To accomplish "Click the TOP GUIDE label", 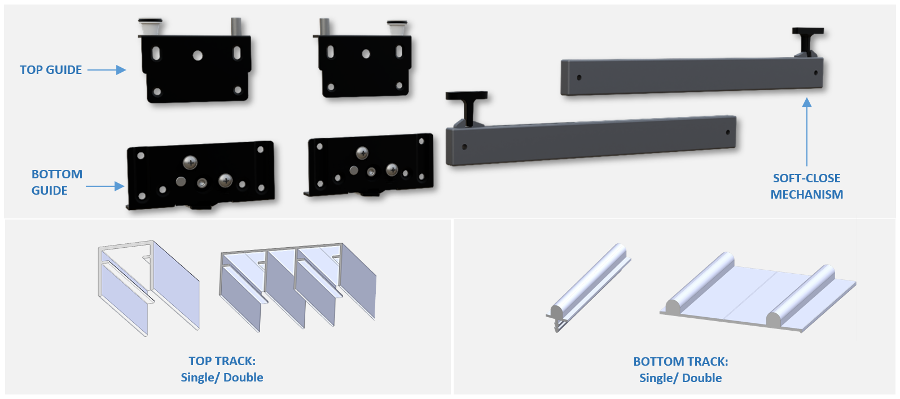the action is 51,70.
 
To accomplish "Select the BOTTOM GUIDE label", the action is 56,182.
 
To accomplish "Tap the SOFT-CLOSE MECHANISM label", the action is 806,186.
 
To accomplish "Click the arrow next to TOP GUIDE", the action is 107,70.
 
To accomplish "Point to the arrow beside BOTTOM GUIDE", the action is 105,186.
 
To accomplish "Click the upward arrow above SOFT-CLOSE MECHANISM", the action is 806,132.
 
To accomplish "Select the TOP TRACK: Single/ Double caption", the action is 222,369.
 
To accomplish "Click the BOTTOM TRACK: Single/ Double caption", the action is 681,370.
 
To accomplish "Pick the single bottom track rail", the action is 587,287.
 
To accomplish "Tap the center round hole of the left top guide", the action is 197,55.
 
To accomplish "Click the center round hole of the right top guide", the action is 366,54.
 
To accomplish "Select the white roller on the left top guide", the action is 150,27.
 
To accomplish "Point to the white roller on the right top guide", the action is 397,28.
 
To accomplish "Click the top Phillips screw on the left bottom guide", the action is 190,163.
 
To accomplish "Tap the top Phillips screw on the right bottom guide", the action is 362,153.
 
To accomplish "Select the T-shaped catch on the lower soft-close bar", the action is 467,107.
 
